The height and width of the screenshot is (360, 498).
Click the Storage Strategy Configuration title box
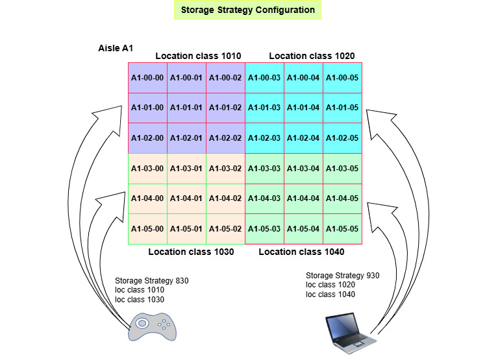248,10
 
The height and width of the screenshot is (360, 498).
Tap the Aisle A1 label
116,48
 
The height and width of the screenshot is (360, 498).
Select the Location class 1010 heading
198,56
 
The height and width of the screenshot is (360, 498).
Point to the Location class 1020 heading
312,56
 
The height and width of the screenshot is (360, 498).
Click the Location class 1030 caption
191,252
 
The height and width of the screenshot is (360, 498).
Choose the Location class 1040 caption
301,252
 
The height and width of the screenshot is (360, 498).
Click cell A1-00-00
147,78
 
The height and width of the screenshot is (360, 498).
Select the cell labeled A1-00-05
342,78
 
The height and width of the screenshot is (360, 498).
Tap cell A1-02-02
225,138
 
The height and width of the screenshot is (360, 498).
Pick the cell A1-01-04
303,108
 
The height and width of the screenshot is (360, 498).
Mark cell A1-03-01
186,169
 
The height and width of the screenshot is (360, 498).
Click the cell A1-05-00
147,229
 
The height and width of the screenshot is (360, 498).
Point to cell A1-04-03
264,199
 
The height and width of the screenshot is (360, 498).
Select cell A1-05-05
342,229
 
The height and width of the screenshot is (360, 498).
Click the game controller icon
152,327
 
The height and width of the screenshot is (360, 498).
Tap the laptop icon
351,333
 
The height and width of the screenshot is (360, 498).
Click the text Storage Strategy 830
152,281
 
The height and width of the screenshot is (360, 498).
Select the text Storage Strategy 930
343,275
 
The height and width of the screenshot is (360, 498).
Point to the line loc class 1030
140,300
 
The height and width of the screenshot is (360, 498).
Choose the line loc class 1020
330,285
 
